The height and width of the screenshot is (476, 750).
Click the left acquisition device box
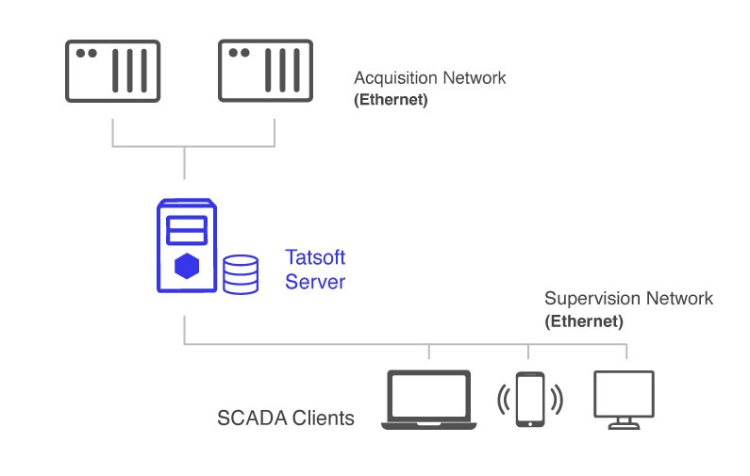pos(112,71)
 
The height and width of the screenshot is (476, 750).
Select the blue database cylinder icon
pos(241,272)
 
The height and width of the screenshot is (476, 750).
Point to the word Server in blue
pos(315,281)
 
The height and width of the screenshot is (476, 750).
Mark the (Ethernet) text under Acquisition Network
pos(391,99)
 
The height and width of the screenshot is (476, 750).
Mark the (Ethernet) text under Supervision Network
pos(584,320)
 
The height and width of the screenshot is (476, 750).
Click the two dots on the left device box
pos(86,54)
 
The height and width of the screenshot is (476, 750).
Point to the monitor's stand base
pos(624,426)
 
